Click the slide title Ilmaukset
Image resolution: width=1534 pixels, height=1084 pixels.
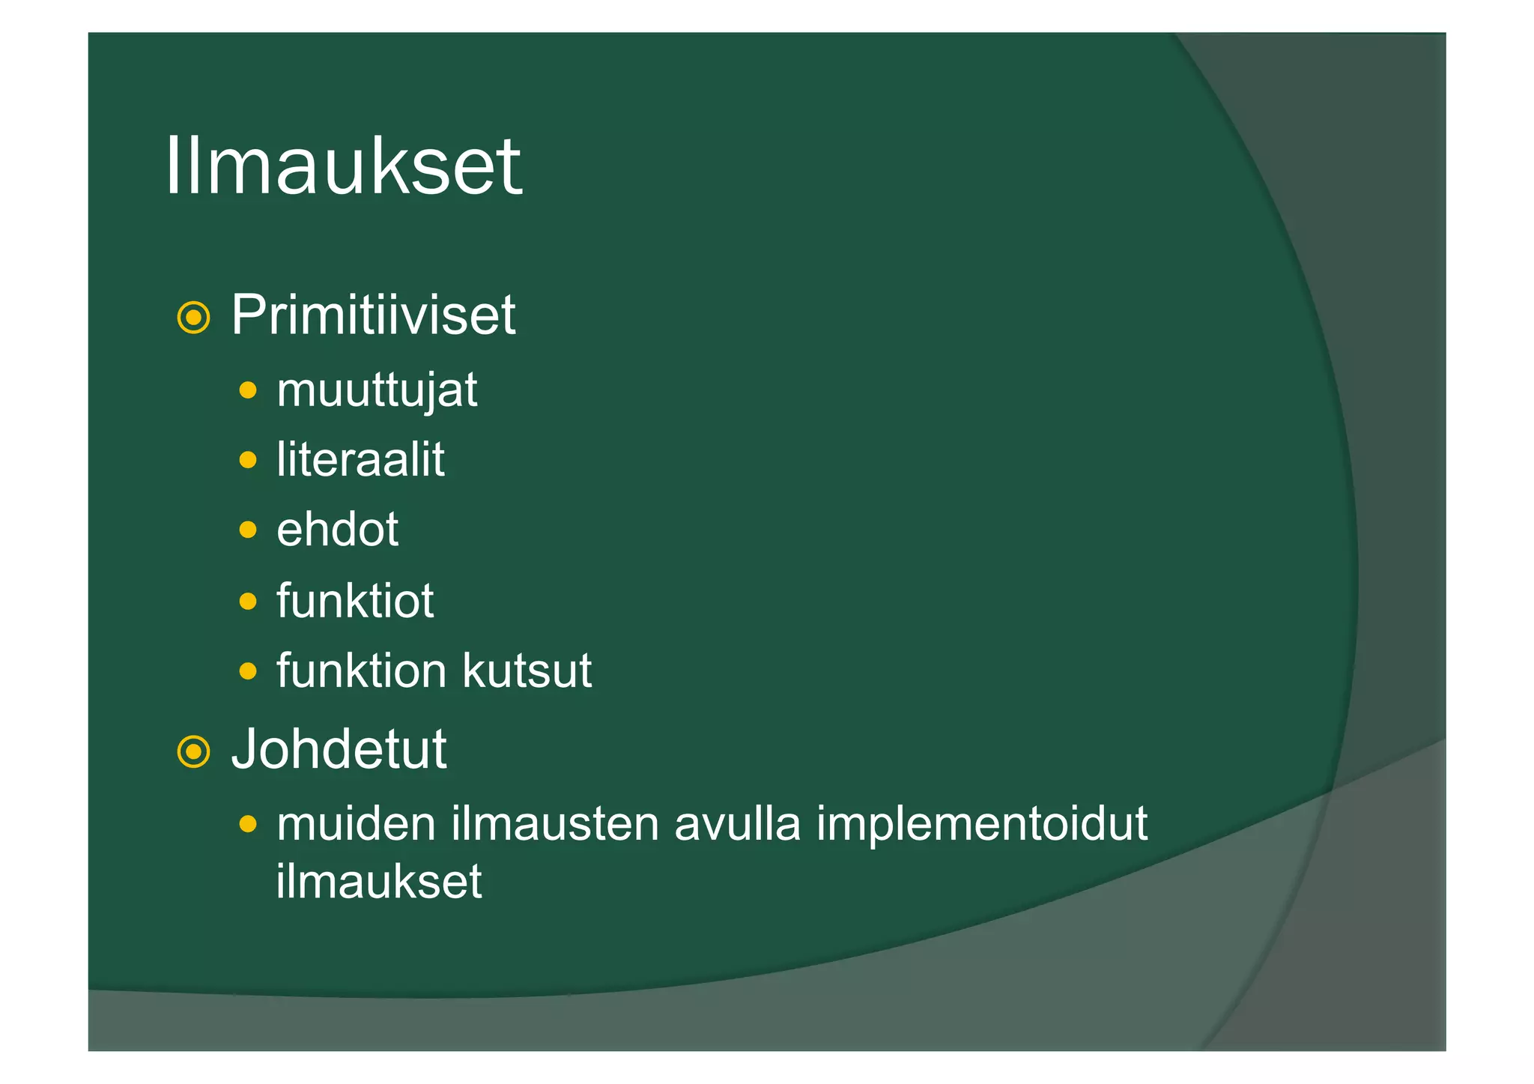[x=342, y=166]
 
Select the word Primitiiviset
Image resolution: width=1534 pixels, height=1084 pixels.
[x=373, y=315]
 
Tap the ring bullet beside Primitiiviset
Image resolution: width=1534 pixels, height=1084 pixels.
[x=193, y=318]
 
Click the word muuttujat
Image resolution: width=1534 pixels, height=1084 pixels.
[x=377, y=390]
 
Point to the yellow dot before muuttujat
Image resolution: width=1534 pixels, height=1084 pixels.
[x=248, y=390]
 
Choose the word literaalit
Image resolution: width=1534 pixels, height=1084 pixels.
[x=360, y=459]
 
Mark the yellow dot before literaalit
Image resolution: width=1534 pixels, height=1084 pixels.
[x=248, y=459]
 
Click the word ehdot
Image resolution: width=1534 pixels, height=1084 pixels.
[x=337, y=530]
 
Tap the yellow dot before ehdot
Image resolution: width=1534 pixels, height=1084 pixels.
[x=248, y=530]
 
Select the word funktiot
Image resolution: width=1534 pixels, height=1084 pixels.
[x=355, y=600]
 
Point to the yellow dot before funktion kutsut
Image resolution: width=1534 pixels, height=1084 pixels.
[x=248, y=670]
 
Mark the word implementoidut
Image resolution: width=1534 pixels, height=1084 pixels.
[x=981, y=825]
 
